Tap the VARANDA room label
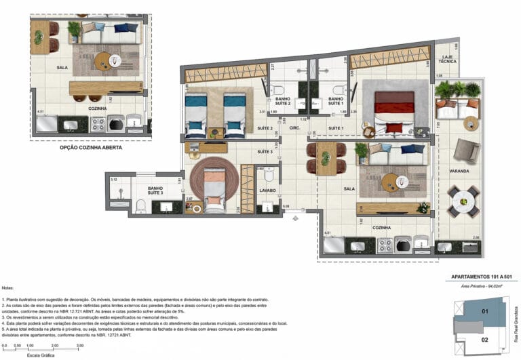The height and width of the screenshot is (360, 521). [459, 172]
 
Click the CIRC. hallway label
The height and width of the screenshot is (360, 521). [294, 127]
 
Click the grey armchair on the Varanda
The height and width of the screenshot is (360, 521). [465, 150]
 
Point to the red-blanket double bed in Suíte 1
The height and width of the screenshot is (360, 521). [393, 108]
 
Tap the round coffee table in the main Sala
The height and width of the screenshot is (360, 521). [390, 182]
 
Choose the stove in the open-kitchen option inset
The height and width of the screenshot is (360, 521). [98, 124]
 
